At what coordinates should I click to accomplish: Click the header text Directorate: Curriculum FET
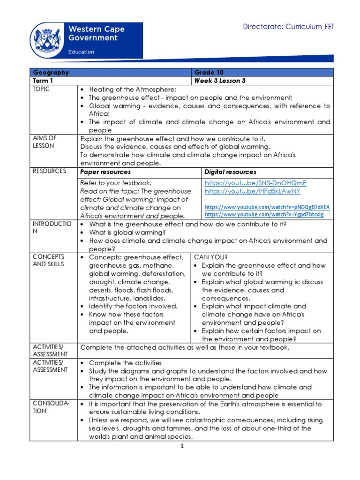(288, 27)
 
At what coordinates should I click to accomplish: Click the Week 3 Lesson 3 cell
(220, 81)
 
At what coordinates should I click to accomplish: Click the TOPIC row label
(41, 89)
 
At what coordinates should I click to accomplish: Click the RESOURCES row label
(49, 172)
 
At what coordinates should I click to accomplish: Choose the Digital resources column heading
(231, 172)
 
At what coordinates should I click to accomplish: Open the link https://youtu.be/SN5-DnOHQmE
(255, 183)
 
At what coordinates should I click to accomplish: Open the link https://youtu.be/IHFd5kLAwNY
(252, 191)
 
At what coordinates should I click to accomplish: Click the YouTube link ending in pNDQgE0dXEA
(267, 207)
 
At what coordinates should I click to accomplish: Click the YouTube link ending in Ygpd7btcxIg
(264, 214)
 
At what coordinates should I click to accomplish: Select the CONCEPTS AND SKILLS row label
(48, 261)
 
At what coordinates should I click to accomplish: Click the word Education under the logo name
(82, 52)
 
